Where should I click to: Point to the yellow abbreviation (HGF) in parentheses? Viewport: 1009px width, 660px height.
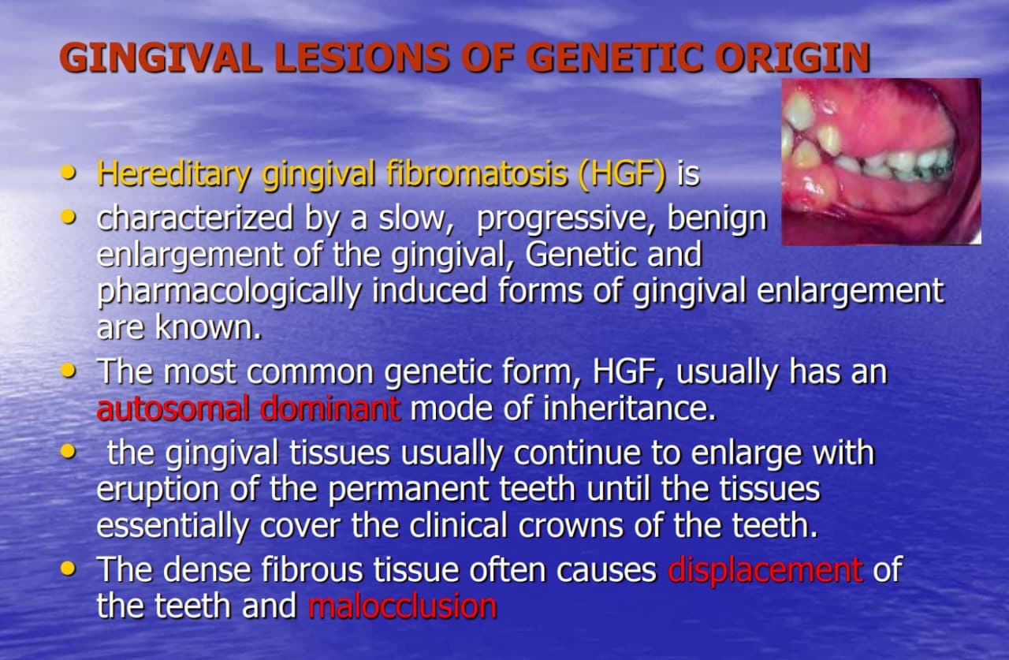point(621,174)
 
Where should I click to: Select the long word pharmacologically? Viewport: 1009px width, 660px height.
point(229,291)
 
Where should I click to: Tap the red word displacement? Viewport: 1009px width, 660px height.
point(765,570)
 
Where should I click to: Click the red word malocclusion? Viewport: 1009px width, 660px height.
point(402,606)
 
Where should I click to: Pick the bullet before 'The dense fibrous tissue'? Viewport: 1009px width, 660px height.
point(71,567)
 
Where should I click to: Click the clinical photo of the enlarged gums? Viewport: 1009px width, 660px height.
point(881,161)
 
